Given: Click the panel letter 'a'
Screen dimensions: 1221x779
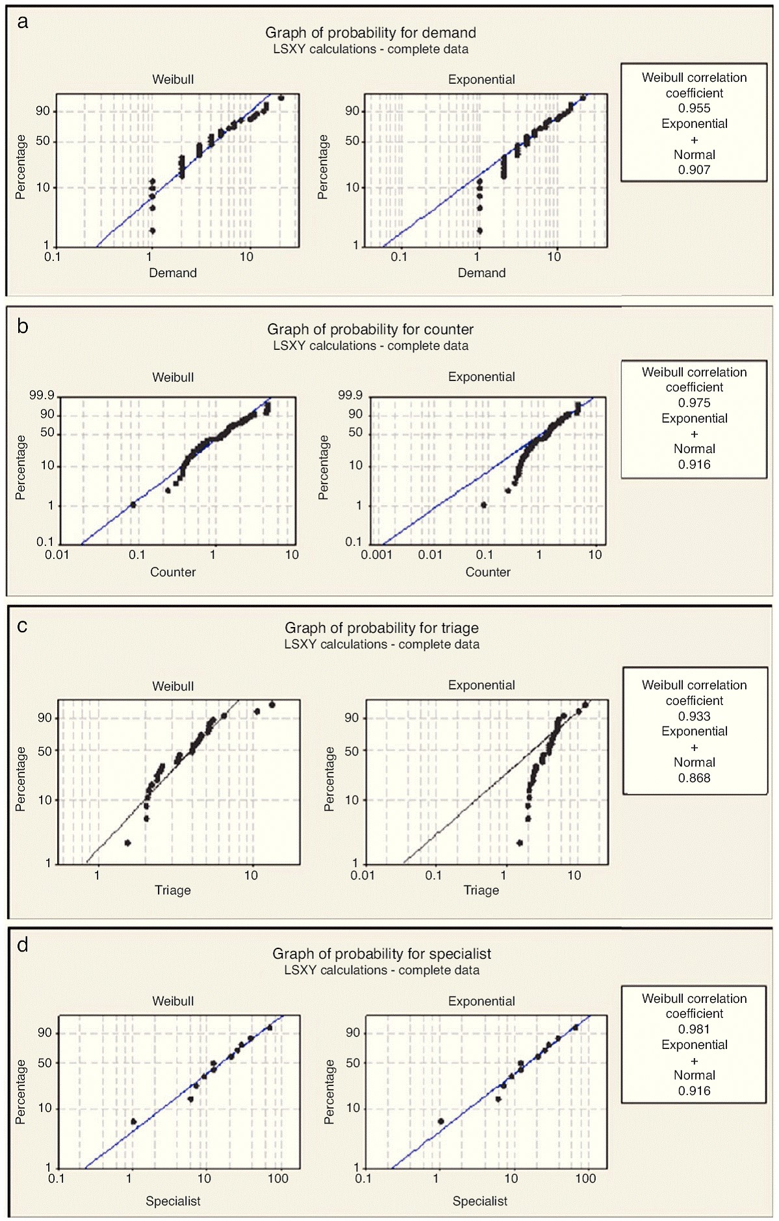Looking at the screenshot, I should click(23, 22).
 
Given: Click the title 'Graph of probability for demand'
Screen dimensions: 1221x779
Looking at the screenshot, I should click(370, 32).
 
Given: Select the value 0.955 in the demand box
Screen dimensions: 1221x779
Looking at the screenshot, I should click(694, 108).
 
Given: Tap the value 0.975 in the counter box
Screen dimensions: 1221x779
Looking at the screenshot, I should click(694, 402).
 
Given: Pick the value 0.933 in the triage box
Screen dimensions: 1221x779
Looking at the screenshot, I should click(694, 716).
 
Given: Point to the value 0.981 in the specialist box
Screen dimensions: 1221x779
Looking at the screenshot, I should click(694, 1029).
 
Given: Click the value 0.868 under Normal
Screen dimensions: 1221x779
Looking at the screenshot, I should click(694, 778).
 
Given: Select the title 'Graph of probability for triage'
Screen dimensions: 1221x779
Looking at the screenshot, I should click(381, 628).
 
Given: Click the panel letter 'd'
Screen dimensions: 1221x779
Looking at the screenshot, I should click(23, 945).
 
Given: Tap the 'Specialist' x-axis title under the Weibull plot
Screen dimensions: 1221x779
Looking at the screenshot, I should click(173, 1201).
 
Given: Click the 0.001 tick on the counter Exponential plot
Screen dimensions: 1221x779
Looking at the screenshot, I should click(376, 555).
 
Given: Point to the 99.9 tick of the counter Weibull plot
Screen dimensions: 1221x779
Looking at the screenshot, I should click(42, 395).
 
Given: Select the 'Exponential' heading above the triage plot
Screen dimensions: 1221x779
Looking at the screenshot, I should click(481, 685).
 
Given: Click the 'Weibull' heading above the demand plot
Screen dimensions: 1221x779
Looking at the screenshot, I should click(173, 80).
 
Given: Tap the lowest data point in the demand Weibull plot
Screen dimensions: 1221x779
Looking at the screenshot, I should click(152, 230).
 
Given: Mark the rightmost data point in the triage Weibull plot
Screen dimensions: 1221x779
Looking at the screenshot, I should click(272, 705).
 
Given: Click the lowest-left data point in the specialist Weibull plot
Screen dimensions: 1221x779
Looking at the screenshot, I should click(133, 1121).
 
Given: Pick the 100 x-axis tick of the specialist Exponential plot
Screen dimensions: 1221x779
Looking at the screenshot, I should click(585, 1179).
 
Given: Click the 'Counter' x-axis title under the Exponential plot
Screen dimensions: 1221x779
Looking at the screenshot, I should click(488, 572).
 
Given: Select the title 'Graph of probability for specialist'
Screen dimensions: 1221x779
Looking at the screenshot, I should click(381, 954).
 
